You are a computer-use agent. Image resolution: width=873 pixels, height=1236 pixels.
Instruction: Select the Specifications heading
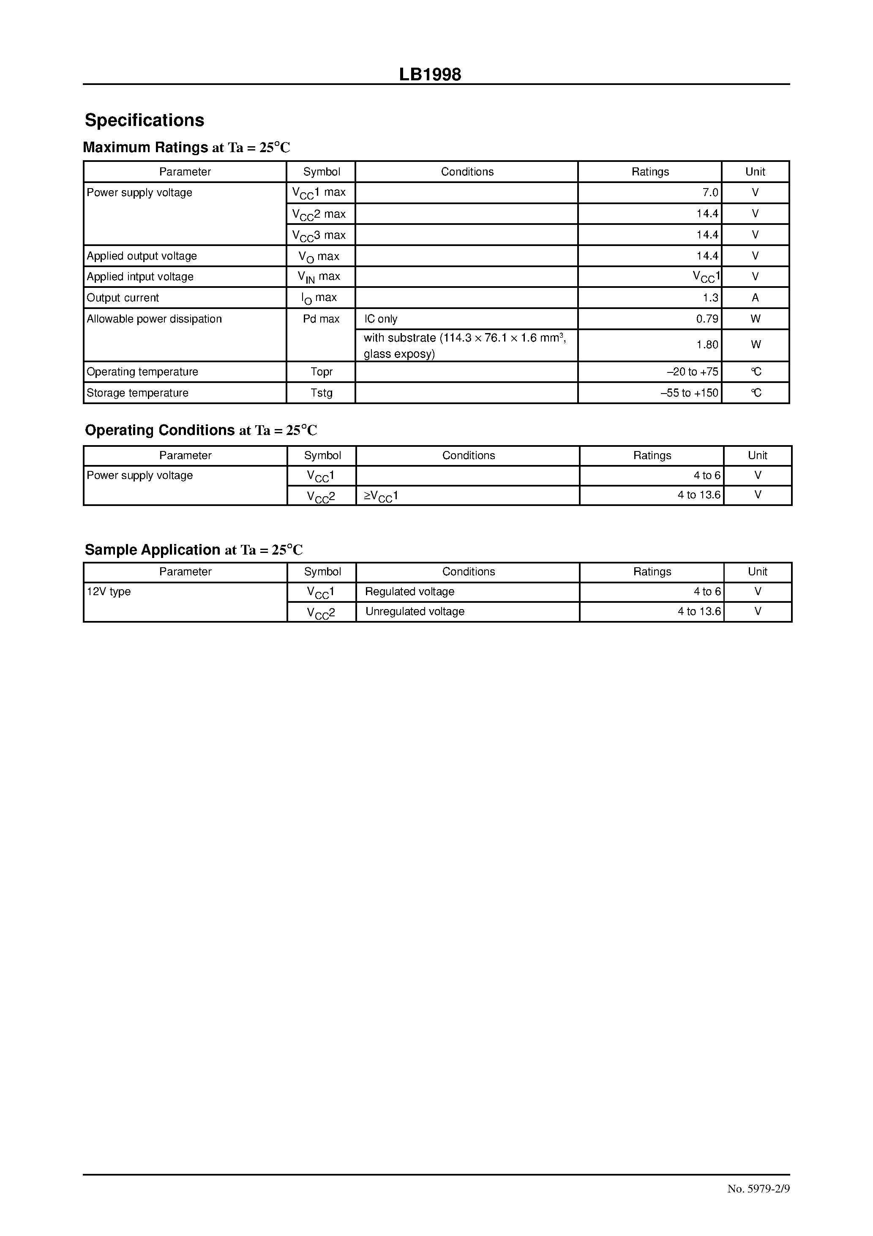coord(144,120)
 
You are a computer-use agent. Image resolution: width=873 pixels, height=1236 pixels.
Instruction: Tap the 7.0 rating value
coord(710,193)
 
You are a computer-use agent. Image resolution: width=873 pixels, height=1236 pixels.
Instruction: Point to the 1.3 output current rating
coord(710,298)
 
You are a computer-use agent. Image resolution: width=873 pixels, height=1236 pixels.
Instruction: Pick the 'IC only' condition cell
coord(381,319)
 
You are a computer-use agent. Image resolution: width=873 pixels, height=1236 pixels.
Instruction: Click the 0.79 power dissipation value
coord(707,319)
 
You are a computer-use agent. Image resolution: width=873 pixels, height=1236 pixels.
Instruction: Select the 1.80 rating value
coord(707,345)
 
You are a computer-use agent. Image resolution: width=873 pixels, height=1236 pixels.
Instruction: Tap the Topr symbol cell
coord(321,372)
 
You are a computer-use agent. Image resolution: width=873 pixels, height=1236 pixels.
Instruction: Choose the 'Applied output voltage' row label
coord(142,256)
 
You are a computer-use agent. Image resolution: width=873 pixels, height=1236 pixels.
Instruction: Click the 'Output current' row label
coord(123,298)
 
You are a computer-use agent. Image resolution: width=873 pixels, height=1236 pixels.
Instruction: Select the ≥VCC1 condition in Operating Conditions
coord(381,496)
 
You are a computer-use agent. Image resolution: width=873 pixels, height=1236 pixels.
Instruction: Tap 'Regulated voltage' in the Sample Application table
coord(409,592)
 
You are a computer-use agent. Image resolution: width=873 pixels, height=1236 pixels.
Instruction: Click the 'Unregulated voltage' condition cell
coord(415,612)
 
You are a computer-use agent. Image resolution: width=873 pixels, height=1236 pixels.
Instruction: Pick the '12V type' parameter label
coord(109,592)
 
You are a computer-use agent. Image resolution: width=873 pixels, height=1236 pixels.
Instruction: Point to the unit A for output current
coord(755,298)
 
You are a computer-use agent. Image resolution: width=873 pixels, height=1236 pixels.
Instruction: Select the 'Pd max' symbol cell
coord(321,319)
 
